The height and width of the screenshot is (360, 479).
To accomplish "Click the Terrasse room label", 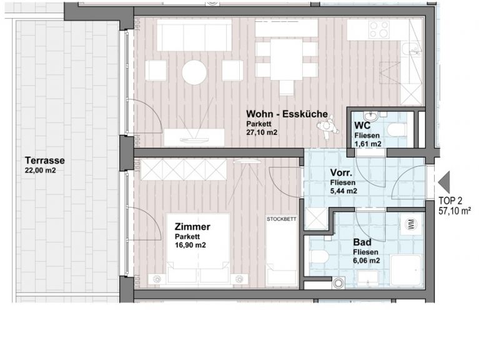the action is tap(45, 161).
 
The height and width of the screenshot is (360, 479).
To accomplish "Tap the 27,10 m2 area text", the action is tap(262, 132).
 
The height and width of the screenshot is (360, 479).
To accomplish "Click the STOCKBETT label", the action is tap(282, 219).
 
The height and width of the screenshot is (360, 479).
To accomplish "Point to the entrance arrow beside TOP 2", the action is tap(443, 182).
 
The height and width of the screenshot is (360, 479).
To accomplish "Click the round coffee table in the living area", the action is tap(194, 72).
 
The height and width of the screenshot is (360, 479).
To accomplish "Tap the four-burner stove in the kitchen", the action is tap(379, 29).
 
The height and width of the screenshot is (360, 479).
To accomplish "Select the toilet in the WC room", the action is tap(397, 129).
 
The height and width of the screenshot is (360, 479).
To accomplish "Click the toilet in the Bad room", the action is tap(320, 256).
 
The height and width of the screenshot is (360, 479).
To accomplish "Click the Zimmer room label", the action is tap(192, 227).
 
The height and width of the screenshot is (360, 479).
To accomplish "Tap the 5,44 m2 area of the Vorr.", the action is tap(343, 191).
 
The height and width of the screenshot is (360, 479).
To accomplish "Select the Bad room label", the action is tap(362, 242).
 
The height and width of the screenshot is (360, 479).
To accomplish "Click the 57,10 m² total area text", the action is tap(454, 211).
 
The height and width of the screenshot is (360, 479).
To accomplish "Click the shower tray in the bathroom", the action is tap(405, 271).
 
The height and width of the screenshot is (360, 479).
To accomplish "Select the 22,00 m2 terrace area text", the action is tap(41, 171).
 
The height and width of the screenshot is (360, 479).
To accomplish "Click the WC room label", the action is tap(362, 126).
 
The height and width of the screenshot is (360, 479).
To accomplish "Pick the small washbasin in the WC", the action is tap(371, 116).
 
